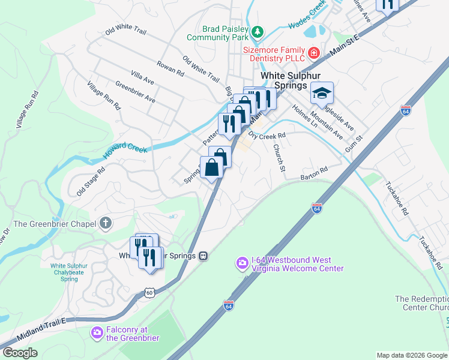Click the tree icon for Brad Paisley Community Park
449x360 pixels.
[x=258, y=31]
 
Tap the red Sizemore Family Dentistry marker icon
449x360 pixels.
[x=313, y=53]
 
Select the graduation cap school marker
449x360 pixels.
[x=321, y=94]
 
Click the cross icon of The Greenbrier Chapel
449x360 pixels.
[x=106, y=224]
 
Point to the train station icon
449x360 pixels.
[x=203, y=256]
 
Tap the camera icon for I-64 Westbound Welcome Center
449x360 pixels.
[x=242, y=263]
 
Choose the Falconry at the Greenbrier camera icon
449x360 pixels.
[x=97, y=332]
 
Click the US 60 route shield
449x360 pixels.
[x=149, y=292]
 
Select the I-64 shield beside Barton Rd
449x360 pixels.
[x=317, y=208]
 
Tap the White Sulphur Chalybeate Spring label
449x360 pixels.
[x=73, y=272]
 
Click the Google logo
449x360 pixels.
[x=20, y=353]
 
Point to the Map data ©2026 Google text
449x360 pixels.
[x=411, y=355]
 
